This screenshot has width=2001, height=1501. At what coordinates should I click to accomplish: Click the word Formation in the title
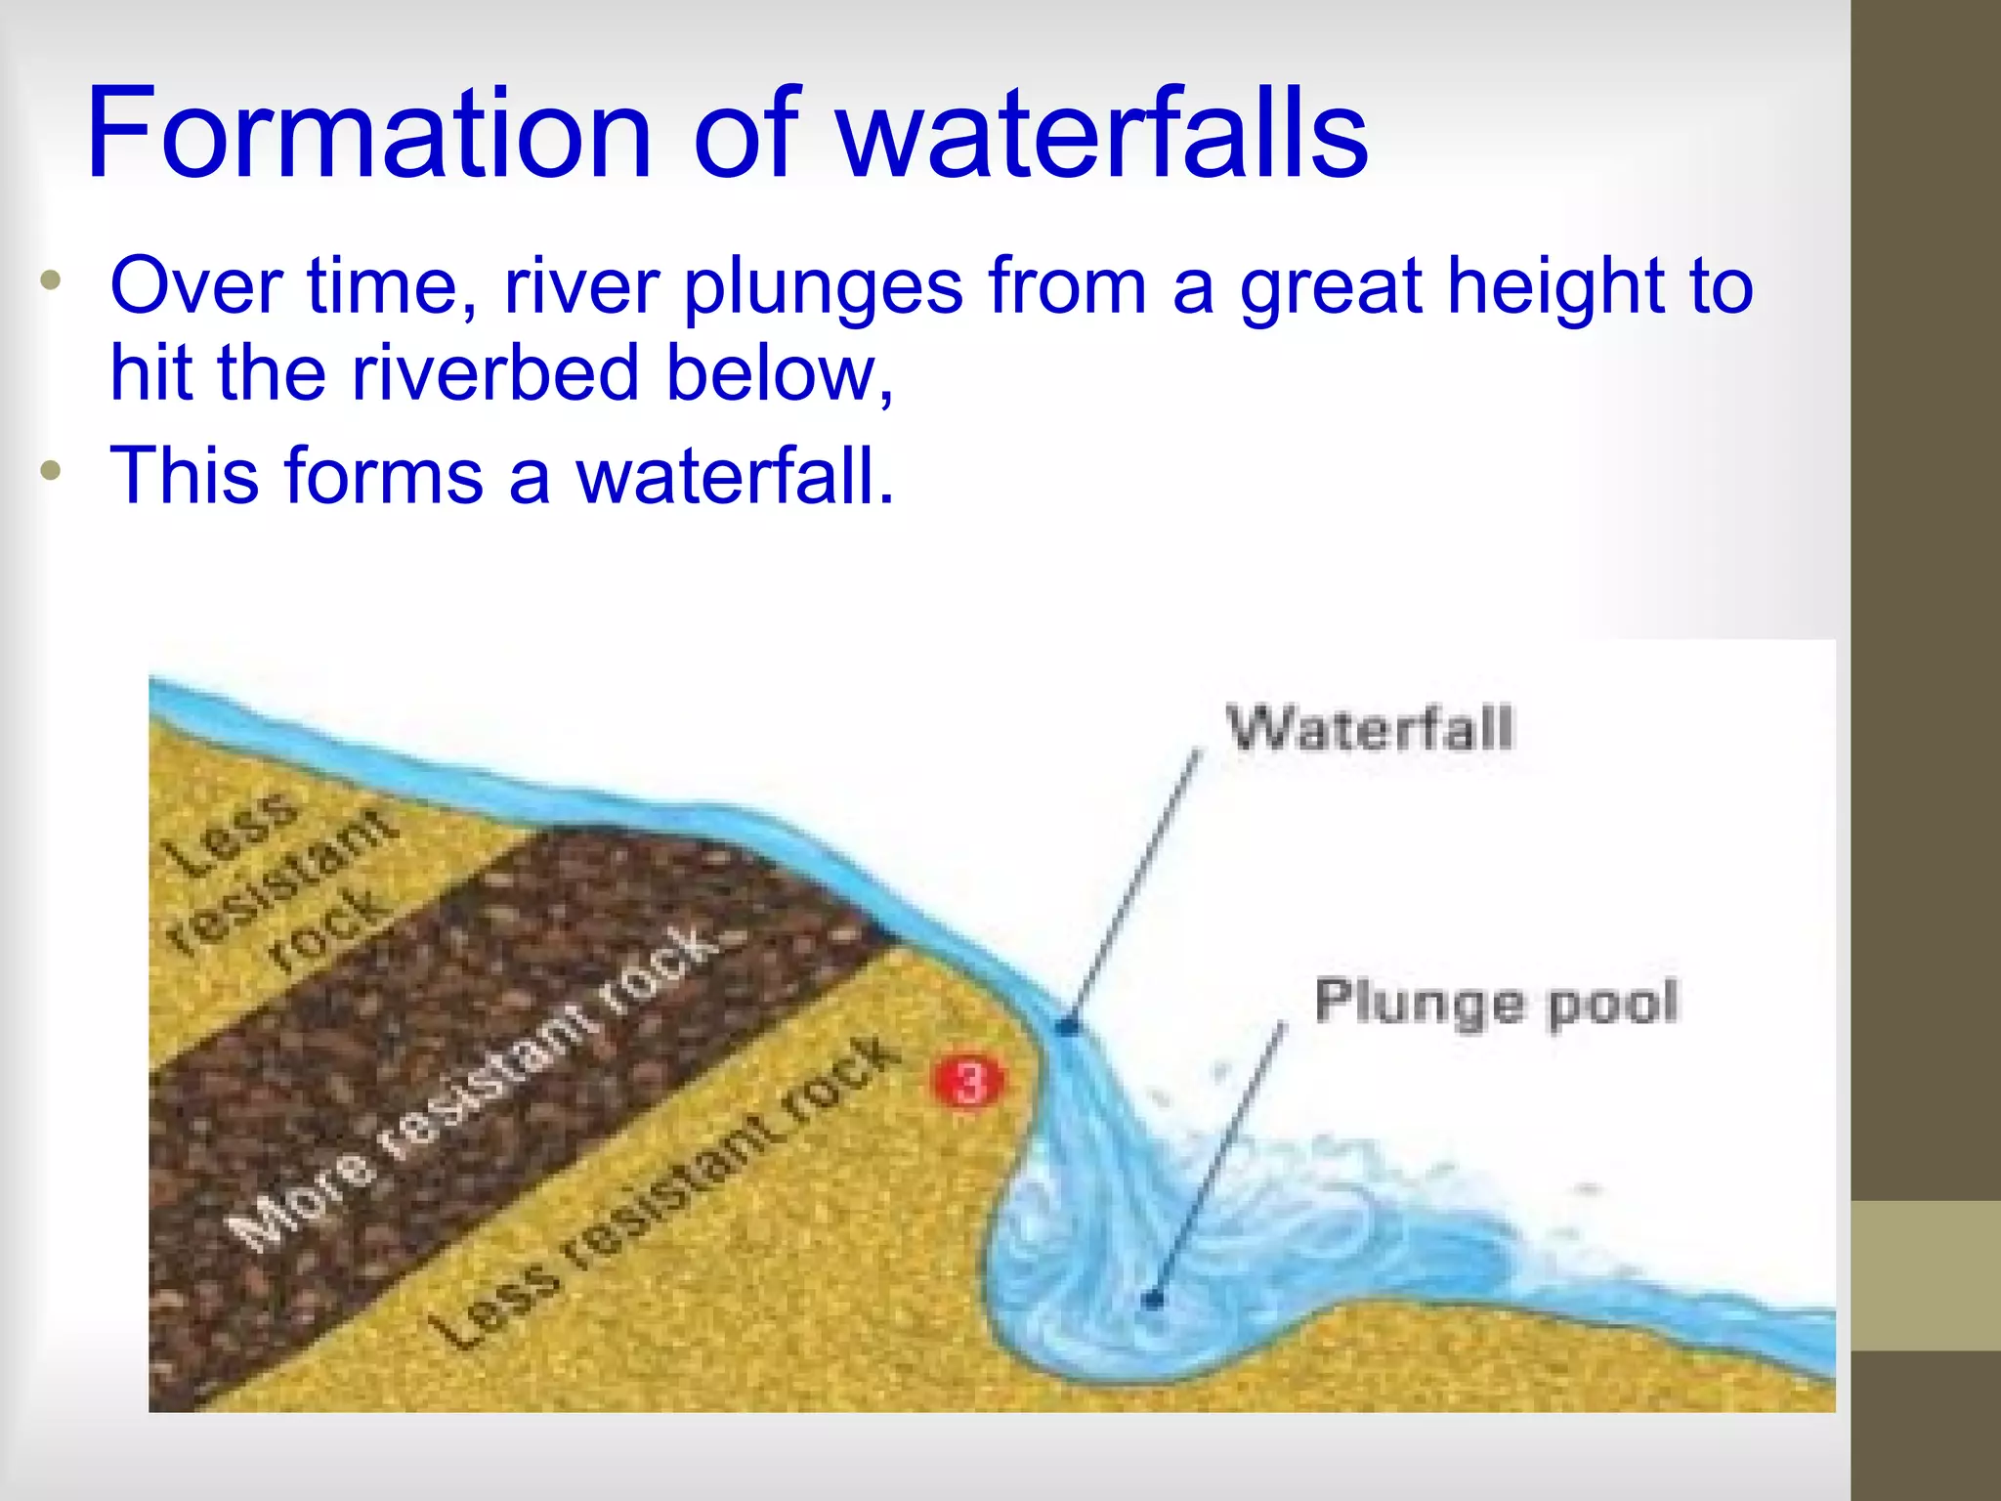click(368, 134)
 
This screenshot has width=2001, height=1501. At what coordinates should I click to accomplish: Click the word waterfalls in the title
click(1103, 134)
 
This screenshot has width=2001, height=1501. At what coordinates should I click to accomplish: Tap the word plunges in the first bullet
click(823, 287)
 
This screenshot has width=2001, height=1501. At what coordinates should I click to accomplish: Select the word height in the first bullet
click(1554, 287)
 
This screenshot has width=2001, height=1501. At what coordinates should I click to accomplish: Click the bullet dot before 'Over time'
click(51, 282)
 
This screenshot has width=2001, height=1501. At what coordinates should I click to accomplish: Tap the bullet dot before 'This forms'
click(51, 471)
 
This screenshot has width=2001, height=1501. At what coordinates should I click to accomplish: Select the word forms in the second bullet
click(385, 476)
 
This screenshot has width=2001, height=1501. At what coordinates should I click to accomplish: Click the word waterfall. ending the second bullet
click(735, 476)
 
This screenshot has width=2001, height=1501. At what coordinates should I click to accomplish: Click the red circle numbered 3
click(968, 1082)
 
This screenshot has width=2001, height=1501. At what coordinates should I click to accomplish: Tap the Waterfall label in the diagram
click(1370, 729)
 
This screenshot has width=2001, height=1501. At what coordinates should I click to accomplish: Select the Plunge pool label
click(1496, 1002)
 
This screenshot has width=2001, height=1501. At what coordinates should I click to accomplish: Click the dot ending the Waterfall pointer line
click(1068, 1027)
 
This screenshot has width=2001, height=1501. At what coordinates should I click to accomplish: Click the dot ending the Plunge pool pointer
click(1153, 1300)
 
